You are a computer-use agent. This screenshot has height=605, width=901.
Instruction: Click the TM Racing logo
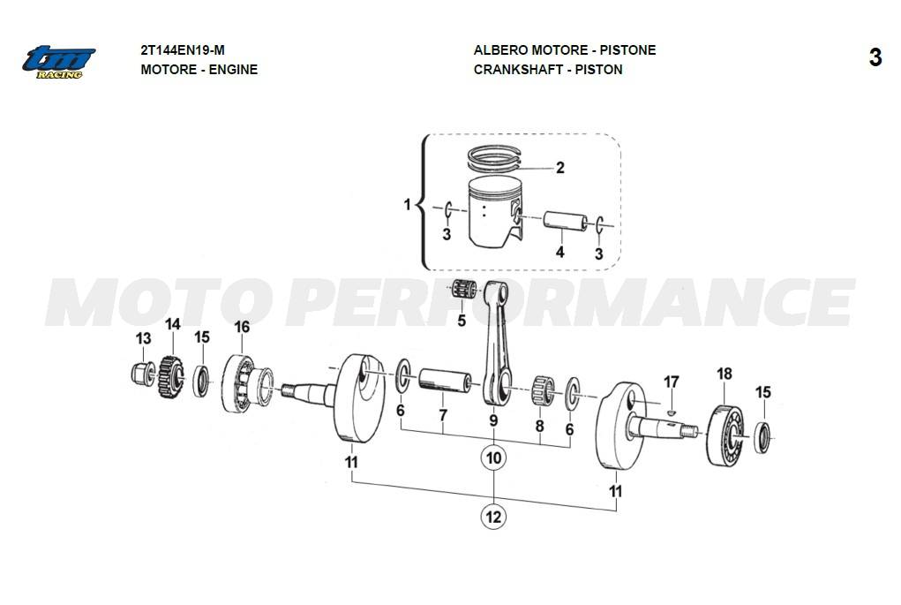tap(58, 62)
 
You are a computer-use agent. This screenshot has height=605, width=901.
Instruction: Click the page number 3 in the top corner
tap(875, 57)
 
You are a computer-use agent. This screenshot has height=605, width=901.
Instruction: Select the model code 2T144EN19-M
tap(183, 50)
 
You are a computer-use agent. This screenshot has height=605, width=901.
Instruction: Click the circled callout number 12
tap(493, 517)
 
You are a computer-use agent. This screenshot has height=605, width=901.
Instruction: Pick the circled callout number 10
tap(493, 458)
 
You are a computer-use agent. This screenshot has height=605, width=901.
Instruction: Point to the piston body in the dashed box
tap(495, 212)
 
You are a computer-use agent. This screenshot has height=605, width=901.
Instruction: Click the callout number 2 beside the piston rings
tap(560, 167)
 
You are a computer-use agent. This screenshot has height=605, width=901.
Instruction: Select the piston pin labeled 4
tap(566, 220)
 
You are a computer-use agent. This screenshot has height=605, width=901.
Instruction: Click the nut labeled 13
tap(142, 374)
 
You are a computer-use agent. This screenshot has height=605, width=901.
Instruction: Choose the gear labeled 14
tap(170, 377)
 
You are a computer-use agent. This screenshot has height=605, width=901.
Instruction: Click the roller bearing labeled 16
tap(246, 383)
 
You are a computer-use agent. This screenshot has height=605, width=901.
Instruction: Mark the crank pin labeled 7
tap(445, 381)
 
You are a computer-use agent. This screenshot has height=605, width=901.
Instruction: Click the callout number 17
tap(672, 382)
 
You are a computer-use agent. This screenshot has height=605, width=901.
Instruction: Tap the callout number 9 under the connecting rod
tap(493, 420)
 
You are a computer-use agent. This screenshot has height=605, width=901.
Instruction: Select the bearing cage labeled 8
tap(541, 390)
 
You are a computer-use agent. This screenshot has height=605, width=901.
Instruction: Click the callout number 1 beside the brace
tap(408, 204)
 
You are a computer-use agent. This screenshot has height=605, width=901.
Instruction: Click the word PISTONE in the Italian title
tap(628, 50)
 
